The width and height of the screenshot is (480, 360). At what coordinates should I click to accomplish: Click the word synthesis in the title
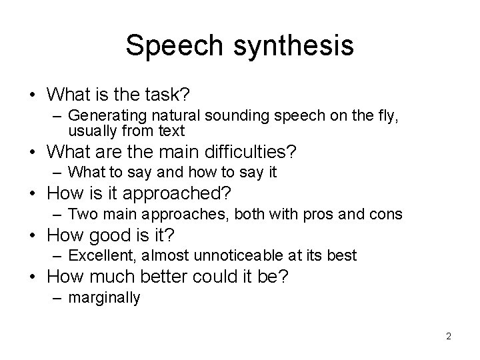291,46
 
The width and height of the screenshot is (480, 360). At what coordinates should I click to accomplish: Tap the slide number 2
449,336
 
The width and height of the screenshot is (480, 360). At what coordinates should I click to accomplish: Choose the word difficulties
249,153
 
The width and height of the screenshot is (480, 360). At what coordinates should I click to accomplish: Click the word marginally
104,298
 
